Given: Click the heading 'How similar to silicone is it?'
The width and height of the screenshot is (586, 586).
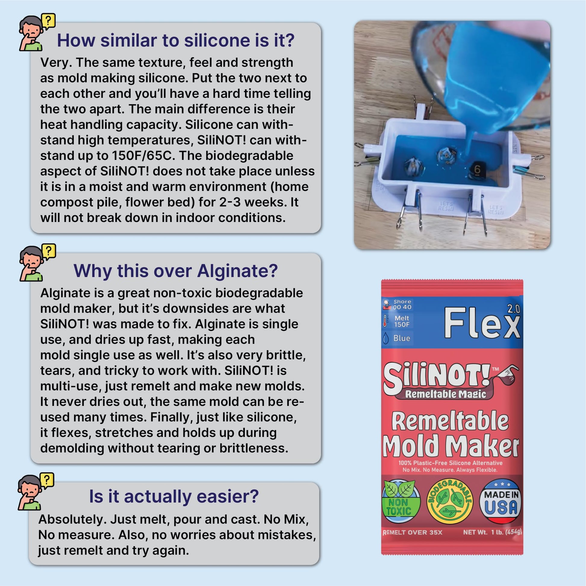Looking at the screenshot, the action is [176, 40].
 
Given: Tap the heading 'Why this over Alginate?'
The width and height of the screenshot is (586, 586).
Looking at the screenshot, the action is [176, 270].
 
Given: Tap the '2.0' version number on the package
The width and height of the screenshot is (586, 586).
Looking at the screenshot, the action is [513, 309].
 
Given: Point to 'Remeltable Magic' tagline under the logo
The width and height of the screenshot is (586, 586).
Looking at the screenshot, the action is [446, 394].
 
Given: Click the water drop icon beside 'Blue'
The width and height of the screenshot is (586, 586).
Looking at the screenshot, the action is [386, 338].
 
